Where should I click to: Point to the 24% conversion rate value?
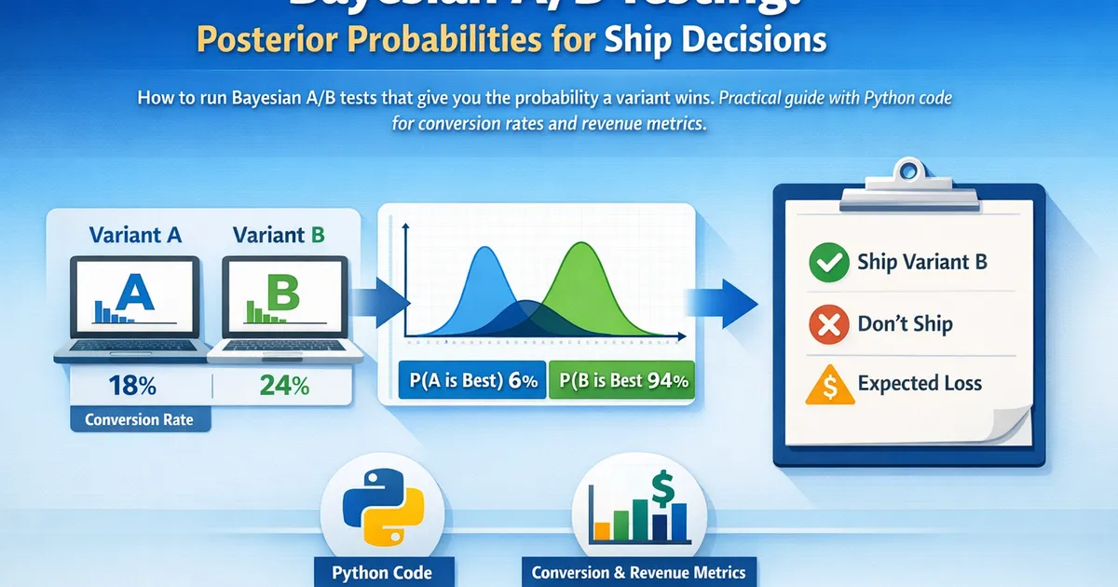(284, 385)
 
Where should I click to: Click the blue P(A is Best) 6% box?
(471, 380)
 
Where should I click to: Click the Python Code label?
(381, 571)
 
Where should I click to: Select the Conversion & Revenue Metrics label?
(638, 571)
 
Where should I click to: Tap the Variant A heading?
(135, 235)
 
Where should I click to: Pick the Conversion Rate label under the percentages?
(139, 419)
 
